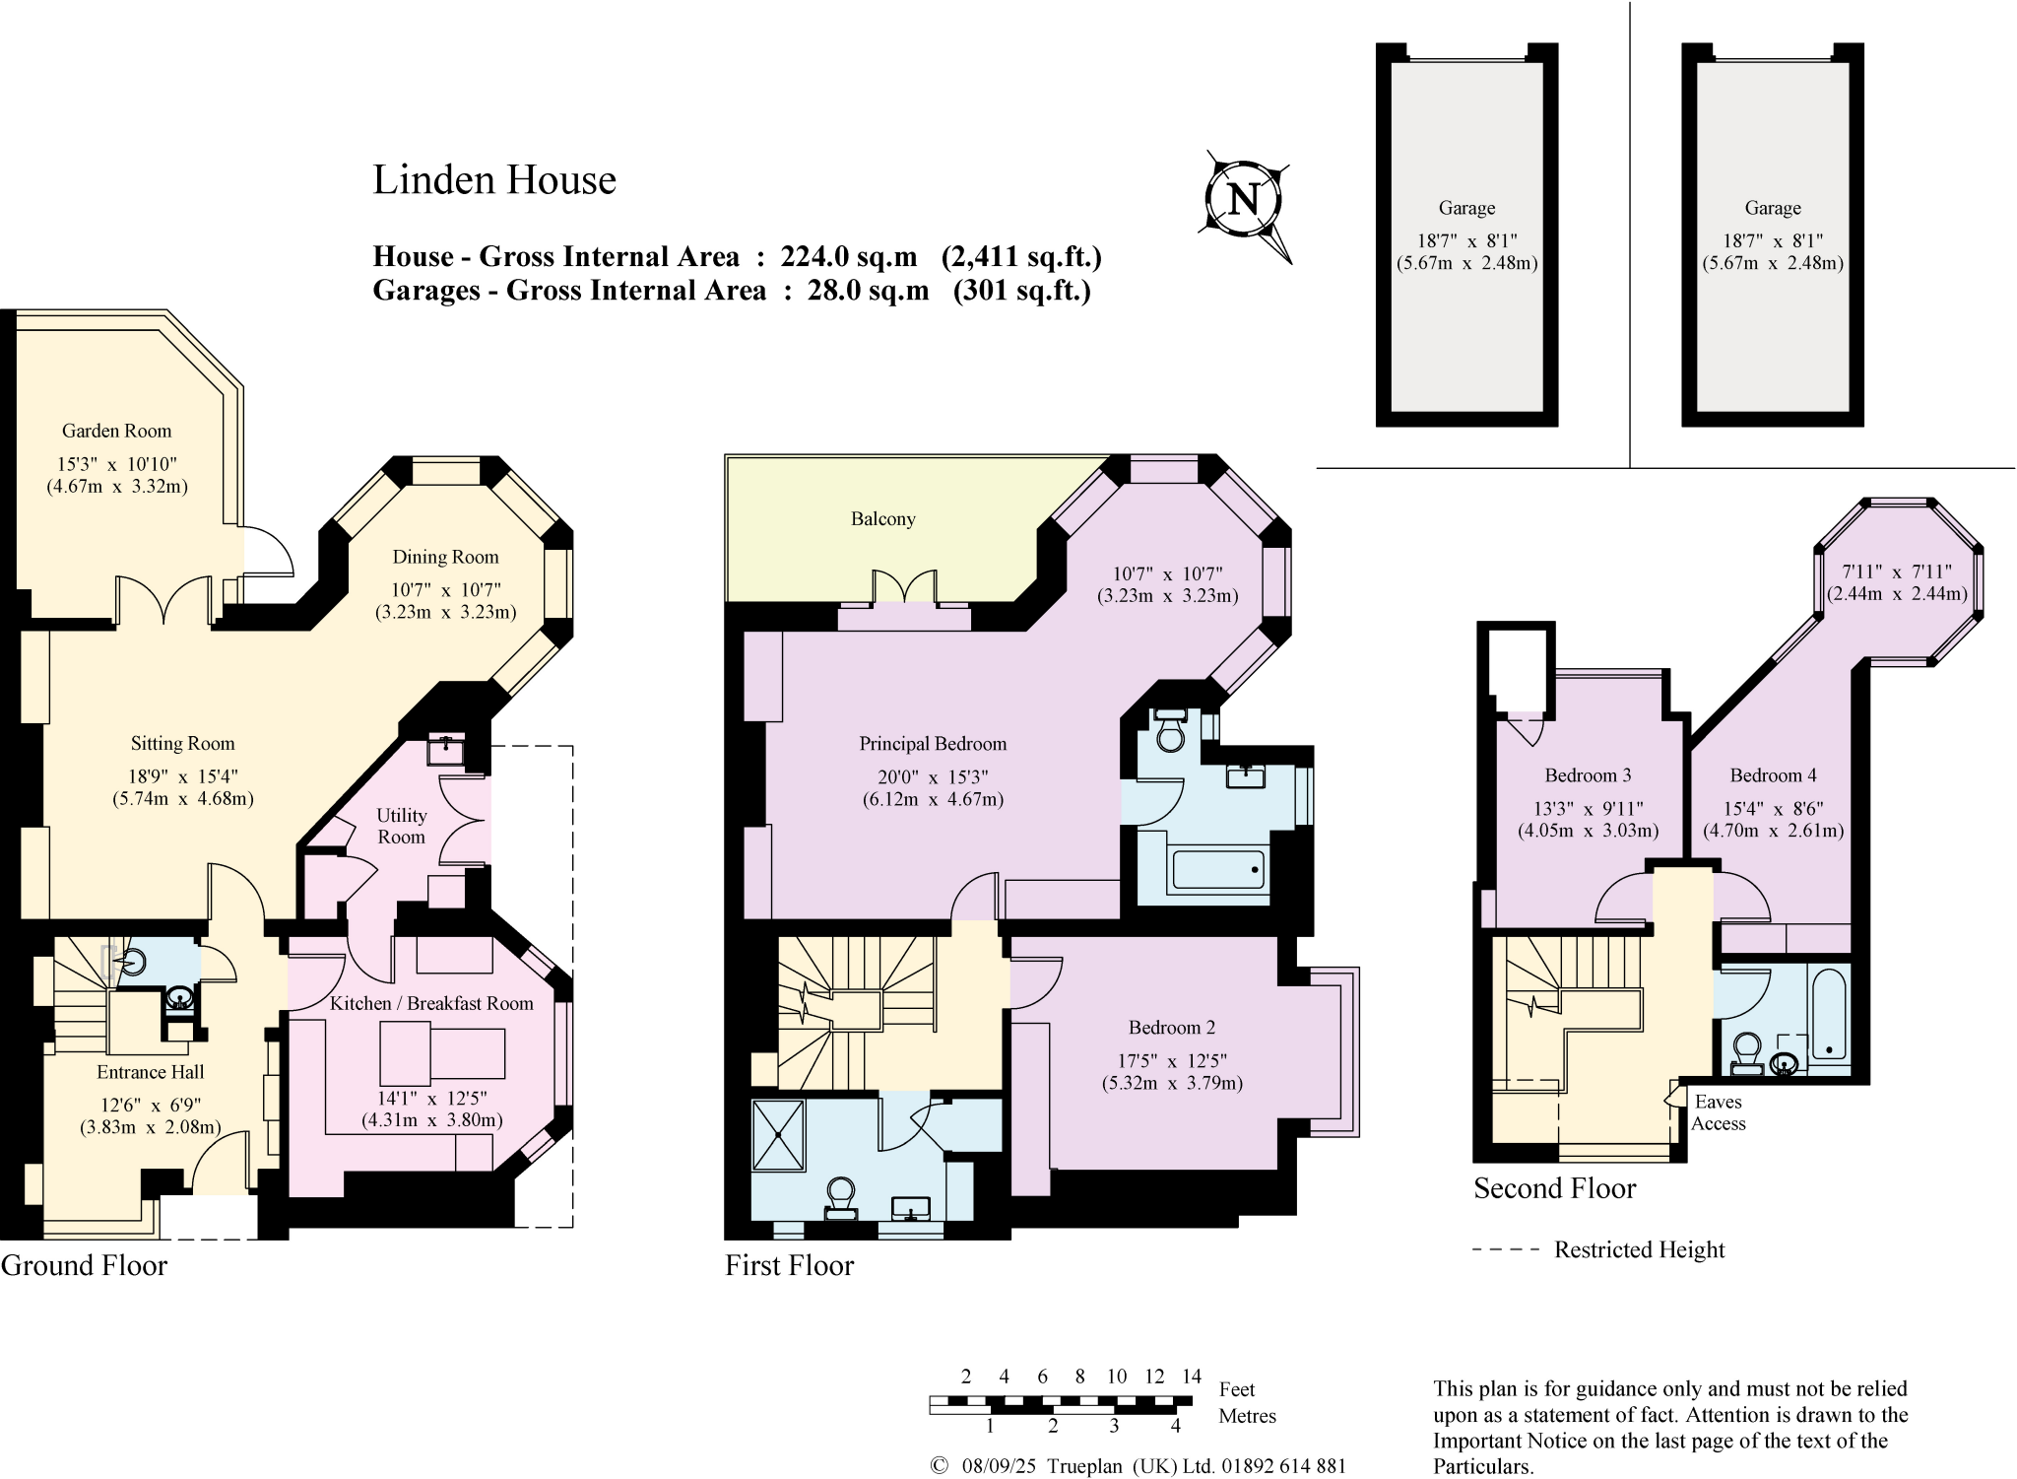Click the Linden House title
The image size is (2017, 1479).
[x=493, y=180]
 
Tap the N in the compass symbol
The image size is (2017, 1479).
[x=1244, y=200]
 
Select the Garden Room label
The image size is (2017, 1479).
[x=116, y=431]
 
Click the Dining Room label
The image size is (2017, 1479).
[x=445, y=557]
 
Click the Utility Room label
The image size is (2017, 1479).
[x=401, y=826]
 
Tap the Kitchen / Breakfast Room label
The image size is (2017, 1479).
[x=430, y=1003]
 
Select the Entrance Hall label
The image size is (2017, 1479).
[x=150, y=1072]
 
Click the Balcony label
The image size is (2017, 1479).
[x=882, y=519]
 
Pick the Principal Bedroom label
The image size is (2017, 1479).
[x=933, y=744]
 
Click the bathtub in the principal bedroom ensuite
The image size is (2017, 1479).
[x=1218, y=870]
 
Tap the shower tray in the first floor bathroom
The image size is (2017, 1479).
[x=778, y=1135]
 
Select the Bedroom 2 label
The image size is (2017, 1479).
[x=1171, y=1028]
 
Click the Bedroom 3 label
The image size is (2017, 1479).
[x=1588, y=775]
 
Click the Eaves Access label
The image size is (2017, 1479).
[x=1718, y=1112]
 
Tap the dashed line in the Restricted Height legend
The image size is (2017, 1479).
[x=1505, y=1249]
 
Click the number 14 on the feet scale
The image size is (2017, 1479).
[x=1192, y=1377]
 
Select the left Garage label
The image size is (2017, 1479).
[x=1466, y=208]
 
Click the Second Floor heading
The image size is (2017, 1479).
[x=1554, y=1188]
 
